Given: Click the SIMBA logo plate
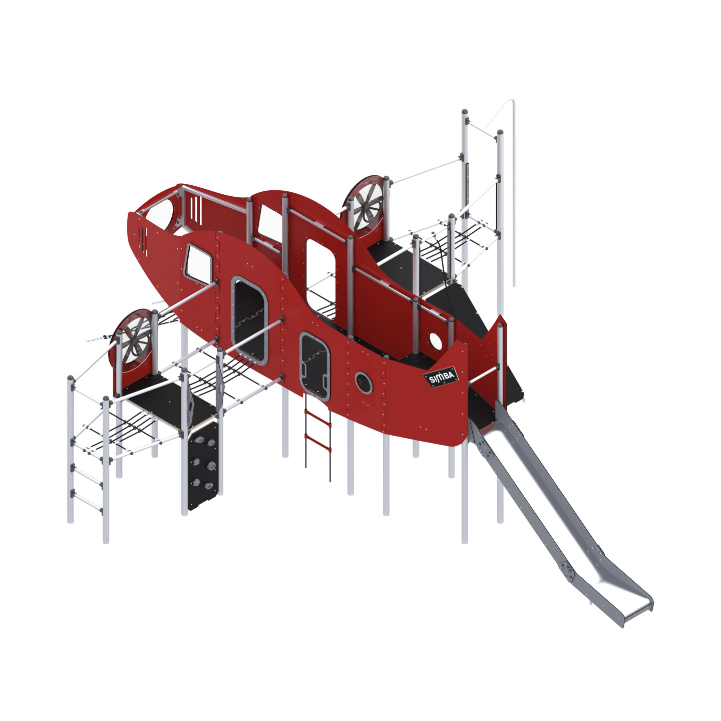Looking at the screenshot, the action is [x=441, y=376].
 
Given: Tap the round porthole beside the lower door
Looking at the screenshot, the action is [x=363, y=383].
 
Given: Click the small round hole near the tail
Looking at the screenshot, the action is [x=435, y=340].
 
